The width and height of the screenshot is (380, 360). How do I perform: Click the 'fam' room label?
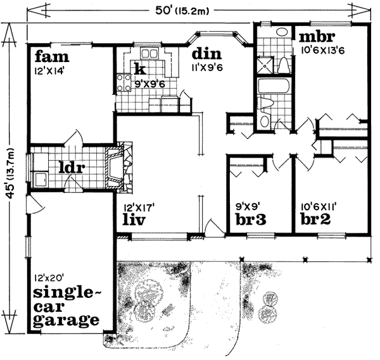47,56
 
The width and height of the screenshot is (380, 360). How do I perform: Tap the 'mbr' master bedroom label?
317,35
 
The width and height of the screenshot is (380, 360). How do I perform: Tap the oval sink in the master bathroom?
282,32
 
